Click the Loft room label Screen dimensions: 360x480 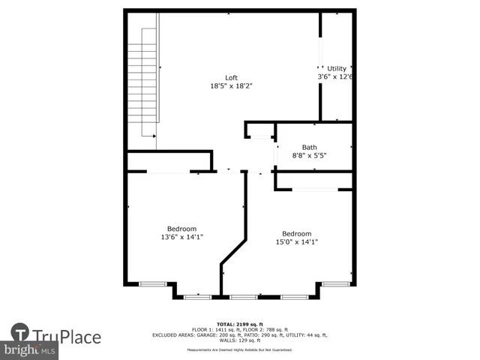(231, 78)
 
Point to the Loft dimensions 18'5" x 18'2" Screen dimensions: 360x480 (231, 86)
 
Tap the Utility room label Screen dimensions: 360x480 (337, 68)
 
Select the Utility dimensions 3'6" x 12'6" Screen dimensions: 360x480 (335, 76)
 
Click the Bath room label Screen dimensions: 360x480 (309, 147)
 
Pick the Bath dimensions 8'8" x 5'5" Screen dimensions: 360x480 (309, 155)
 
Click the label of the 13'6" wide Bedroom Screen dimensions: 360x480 (181, 229)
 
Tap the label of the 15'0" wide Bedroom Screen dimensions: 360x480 (296, 233)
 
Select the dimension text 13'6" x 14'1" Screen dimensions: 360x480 (181, 237)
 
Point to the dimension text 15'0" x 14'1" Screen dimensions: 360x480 (296, 241)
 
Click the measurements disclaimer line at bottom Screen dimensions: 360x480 (239, 349)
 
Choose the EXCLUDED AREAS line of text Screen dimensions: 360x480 (239, 334)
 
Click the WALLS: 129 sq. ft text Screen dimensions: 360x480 (239, 340)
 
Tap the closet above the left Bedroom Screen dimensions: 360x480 (169, 161)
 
